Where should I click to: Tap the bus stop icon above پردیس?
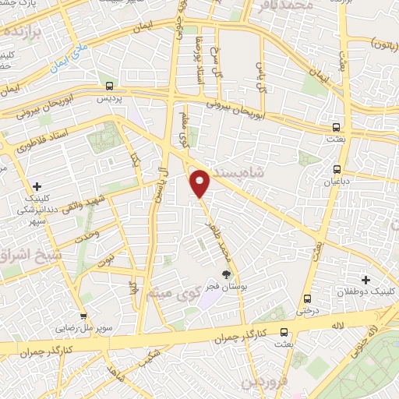tap(108, 87)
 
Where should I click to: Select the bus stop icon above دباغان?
tap(337, 169)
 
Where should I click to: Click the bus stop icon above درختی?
tap(307, 298)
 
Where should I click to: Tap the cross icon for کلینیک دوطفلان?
tap(365, 279)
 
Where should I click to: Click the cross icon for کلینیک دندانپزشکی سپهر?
tap(37, 186)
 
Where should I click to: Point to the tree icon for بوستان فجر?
tap(226, 274)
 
